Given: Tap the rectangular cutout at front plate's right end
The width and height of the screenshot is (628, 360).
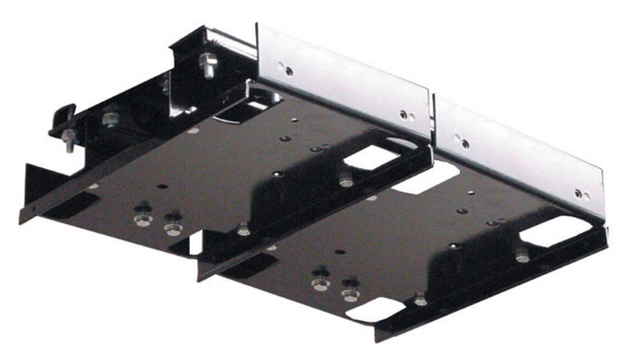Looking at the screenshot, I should tap(550, 232).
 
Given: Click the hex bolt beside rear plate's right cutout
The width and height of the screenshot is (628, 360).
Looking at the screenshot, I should tap(346, 179).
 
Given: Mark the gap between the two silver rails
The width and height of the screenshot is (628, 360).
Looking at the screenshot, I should tap(433, 118).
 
